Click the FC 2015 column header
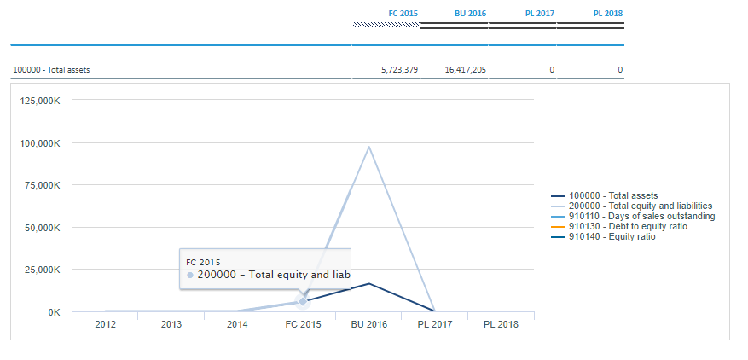click(403, 14)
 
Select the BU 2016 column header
click(470, 14)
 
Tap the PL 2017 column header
click(539, 14)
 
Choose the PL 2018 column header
click(607, 14)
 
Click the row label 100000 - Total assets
click(51, 70)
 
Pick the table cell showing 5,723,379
click(399, 70)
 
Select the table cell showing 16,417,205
click(465, 70)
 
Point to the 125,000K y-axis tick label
click(40, 101)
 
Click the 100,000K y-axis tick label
click(40, 143)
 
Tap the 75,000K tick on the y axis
click(43, 185)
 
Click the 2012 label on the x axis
click(105, 325)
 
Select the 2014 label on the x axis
click(237, 325)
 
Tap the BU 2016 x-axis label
click(368, 325)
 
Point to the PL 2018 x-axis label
click(501, 325)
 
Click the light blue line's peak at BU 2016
click(369, 147)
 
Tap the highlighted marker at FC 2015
click(303, 301)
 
